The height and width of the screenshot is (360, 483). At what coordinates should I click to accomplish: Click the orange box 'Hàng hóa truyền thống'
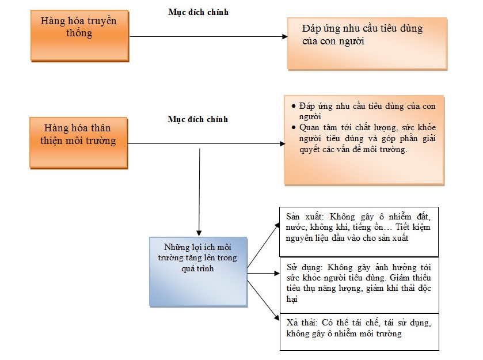click(79, 35)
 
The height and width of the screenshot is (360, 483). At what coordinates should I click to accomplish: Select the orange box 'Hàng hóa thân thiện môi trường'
click(79, 142)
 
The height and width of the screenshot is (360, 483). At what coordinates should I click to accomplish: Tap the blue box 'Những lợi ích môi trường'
click(198, 270)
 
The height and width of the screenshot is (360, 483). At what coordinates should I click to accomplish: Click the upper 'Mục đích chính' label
click(198, 12)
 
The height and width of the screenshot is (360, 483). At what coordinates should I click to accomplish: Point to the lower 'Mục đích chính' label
click(198, 119)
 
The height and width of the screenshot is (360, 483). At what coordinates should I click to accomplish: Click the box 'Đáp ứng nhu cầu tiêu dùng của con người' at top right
click(367, 43)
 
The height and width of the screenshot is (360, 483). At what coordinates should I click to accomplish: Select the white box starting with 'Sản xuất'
click(359, 232)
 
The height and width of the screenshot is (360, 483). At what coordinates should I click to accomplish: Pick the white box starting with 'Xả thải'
click(359, 332)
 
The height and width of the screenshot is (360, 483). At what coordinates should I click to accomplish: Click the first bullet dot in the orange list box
click(294, 107)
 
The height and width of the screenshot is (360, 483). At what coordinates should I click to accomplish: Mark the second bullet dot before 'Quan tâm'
click(294, 127)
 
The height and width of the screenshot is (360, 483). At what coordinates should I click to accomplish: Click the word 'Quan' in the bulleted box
click(310, 127)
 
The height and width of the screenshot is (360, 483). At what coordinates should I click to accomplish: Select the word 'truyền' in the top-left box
click(102, 21)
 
